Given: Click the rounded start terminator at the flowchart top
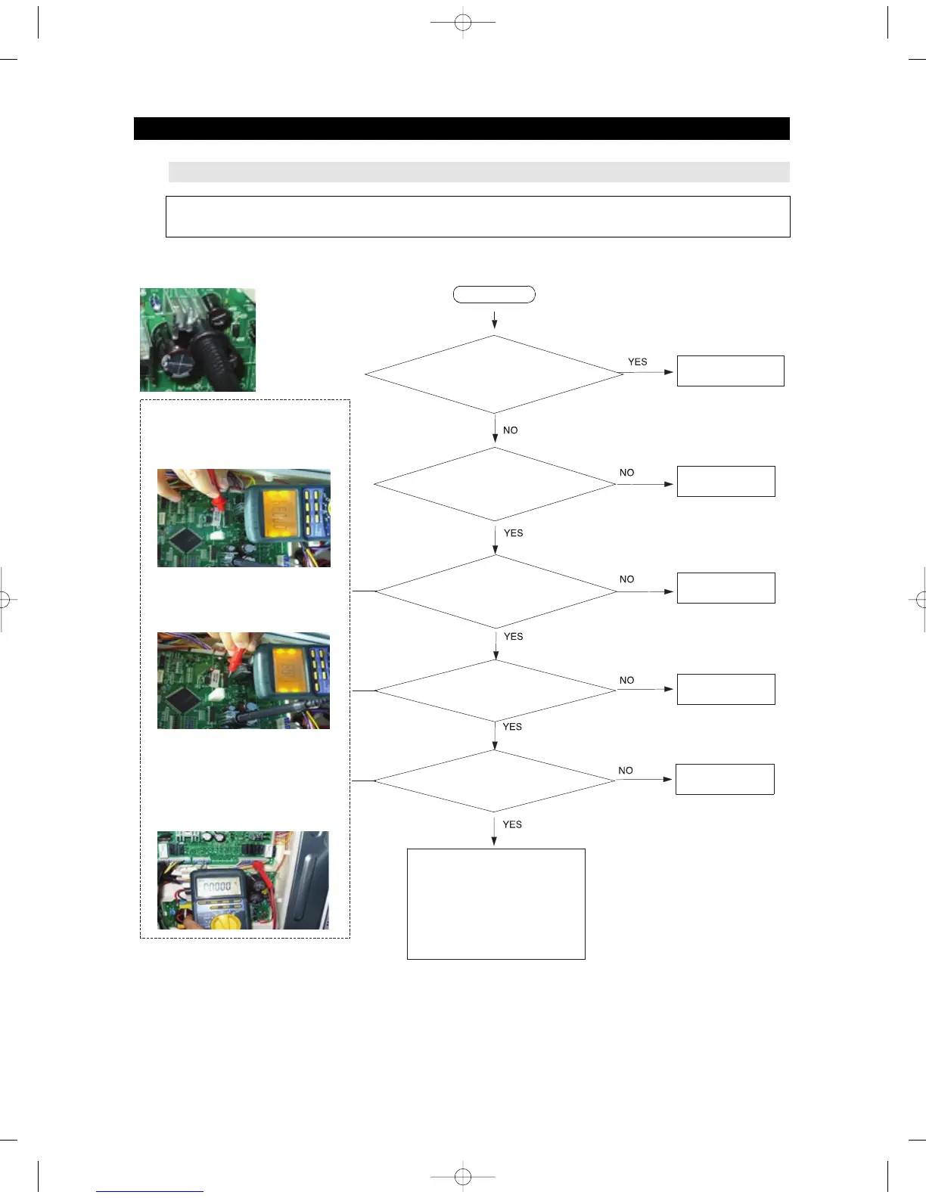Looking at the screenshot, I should pos(494,294).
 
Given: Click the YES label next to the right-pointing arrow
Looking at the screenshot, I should pos(637,362).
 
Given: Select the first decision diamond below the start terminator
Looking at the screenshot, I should pos(494,374).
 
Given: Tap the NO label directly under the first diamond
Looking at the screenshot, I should pos(511,430).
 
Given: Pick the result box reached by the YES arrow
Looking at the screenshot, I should pos(730,371).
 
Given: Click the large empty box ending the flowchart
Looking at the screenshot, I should pos(496,904).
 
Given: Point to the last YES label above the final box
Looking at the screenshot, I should pos(512,824).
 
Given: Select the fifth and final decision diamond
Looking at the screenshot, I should pos(494,781).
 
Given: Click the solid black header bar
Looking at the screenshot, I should pos(461,129).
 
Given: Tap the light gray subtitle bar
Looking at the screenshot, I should pos(478,172).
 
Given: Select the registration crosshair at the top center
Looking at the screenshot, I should pos(463,23).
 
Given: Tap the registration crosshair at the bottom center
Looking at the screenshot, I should pos(463,1177).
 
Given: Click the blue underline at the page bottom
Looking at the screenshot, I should pos(150,1191).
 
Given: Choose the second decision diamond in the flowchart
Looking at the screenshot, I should pos(494,484).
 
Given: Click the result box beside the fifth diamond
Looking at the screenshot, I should pos(724,779).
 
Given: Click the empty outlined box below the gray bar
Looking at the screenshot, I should pos(477,216).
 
